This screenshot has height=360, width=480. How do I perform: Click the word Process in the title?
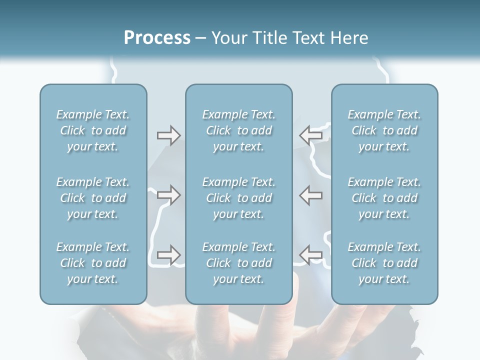pyautogui.click(x=157, y=38)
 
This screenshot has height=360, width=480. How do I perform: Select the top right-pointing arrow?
pyautogui.click(x=168, y=135)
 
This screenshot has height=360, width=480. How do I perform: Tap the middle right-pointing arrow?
pyautogui.click(x=168, y=195)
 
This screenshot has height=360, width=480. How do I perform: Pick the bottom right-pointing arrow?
pyautogui.click(x=168, y=255)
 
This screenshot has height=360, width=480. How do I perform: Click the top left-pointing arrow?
pyautogui.click(x=310, y=135)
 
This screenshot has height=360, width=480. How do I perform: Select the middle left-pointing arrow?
pyautogui.click(x=310, y=195)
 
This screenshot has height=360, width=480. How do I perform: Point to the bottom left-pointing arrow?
pyautogui.click(x=310, y=255)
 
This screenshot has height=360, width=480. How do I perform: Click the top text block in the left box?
pyautogui.click(x=93, y=130)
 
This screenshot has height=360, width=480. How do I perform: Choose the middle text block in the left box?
pyautogui.click(x=93, y=198)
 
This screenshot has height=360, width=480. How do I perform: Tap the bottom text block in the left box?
pyautogui.click(x=93, y=263)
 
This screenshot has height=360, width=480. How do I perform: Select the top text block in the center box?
pyautogui.click(x=238, y=130)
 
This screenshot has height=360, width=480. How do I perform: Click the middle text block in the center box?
pyautogui.click(x=238, y=198)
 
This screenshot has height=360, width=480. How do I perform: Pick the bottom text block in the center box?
pyautogui.click(x=238, y=263)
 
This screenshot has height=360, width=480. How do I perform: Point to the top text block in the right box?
pyautogui.click(x=384, y=130)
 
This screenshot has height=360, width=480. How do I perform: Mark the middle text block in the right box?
pyautogui.click(x=384, y=198)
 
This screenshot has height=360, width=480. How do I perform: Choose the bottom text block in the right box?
pyautogui.click(x=384, y=263)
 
